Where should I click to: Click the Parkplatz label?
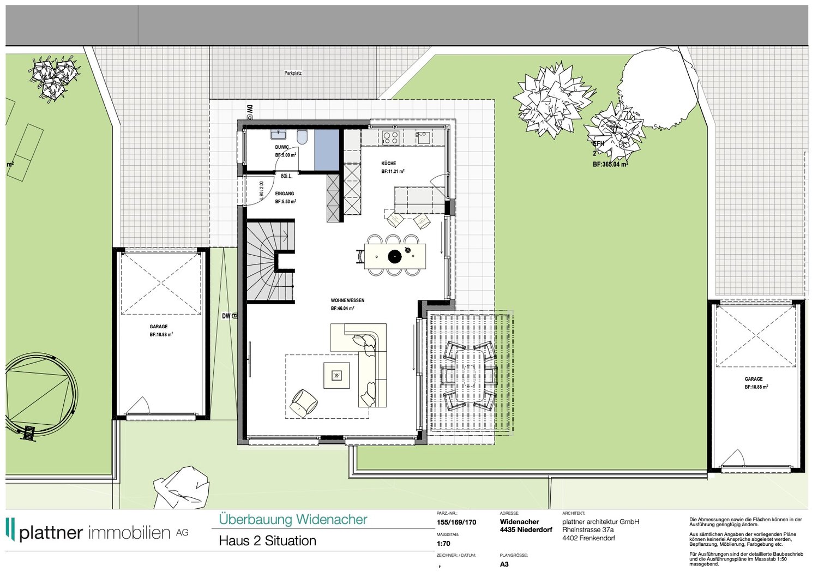click(293, 73)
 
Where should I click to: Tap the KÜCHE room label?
click(389, 164)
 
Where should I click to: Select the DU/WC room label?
click(282, 147)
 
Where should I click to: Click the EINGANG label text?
click(285, 194)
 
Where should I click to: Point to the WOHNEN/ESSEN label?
click(347, 300)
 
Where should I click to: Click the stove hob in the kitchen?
click(390, 137)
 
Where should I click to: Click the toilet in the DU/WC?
click(302, 137)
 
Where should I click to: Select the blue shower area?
click(327, 150)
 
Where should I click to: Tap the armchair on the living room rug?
click(303, 402)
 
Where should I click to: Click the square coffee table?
click(336, 375)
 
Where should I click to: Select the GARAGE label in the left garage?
click(159, 327)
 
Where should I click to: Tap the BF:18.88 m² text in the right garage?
click(756, 387)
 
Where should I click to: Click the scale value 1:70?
click(443, 544)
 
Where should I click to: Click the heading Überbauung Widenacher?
click(293, 520)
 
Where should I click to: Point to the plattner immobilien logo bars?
click(10, 529)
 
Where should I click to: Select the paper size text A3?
click(504, 564)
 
